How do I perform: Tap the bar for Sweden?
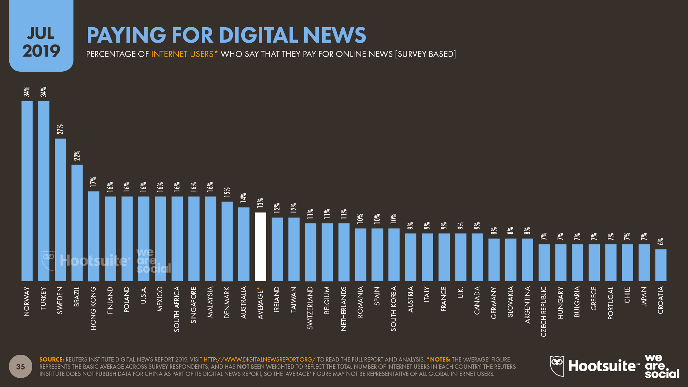(60, 210)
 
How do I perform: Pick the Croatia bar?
(661, 265)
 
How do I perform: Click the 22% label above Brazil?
(77, 156)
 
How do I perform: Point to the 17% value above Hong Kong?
(94, 182)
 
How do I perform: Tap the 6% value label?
(661, 242)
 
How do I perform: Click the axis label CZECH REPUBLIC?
(544, 311)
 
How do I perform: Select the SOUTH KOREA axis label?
(394, 309)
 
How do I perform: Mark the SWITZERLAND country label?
(310, 308)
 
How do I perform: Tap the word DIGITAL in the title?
(258, 35)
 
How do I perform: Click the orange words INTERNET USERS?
(182, 54)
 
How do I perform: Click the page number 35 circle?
(20, 366)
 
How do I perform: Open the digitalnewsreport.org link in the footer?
(259, 359)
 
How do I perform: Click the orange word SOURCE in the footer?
(52, 359)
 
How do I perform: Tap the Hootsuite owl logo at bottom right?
(557, 366)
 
